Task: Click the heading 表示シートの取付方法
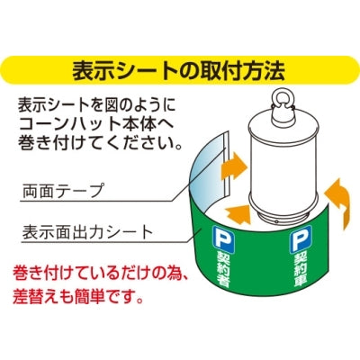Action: [180, 70]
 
